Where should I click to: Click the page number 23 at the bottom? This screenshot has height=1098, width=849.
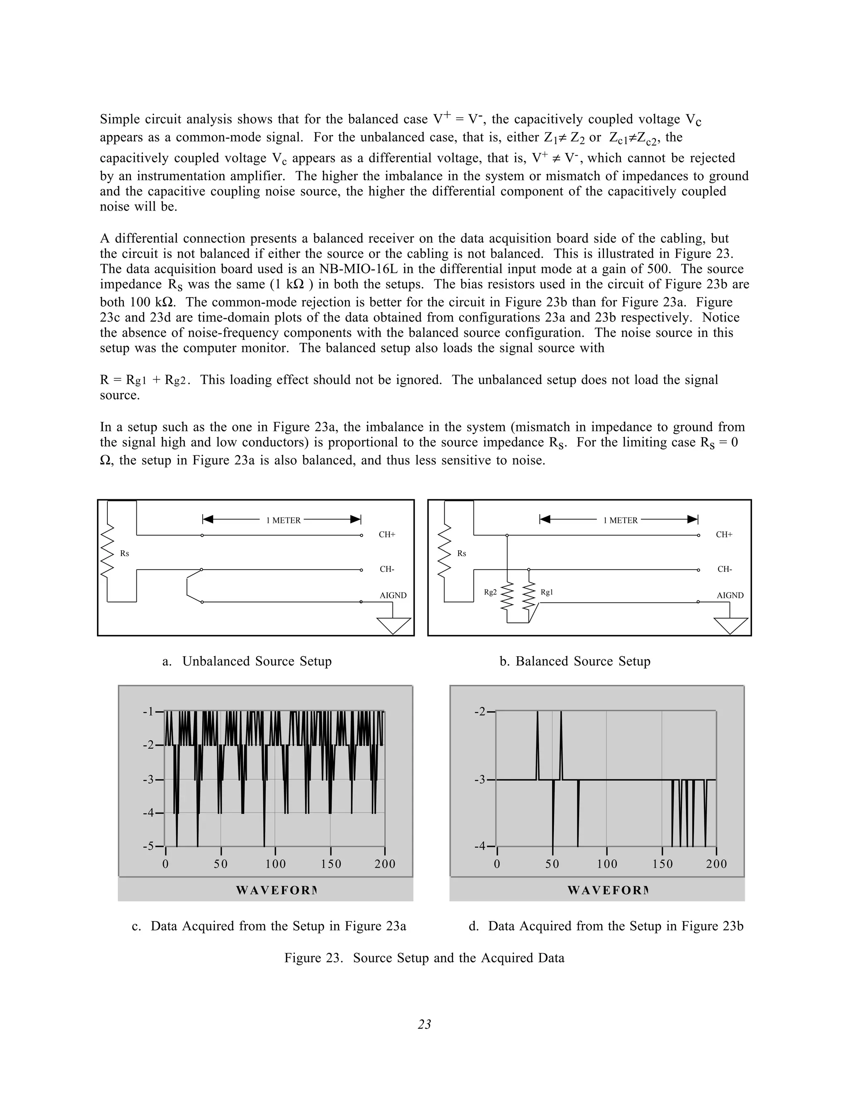point(424,1024)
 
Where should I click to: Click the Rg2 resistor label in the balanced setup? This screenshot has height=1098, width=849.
point(490,592)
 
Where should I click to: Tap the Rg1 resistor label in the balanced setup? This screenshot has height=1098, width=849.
point(547,592)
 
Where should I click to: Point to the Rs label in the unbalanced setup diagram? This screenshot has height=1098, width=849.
point(124,554)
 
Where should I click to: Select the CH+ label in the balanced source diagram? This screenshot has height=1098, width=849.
point(724,534)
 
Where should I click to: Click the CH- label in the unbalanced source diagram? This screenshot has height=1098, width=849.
point(387,569)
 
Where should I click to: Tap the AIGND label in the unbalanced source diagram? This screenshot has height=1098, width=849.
point(393,595)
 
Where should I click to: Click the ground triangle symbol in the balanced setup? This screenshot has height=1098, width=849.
point(730,625)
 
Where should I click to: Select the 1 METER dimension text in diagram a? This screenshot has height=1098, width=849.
point(283,520)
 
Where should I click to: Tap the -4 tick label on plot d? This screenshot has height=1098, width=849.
point(480,846)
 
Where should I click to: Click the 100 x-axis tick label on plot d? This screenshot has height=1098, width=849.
point(607,864)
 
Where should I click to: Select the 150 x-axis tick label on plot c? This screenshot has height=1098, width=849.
point(331,864)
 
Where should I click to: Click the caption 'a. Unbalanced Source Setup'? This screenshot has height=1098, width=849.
point(247,661)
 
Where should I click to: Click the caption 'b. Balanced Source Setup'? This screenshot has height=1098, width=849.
point(575,661)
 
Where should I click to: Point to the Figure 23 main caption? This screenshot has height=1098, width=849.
point(424,958)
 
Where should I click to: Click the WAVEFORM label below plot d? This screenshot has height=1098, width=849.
point(608,890)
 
